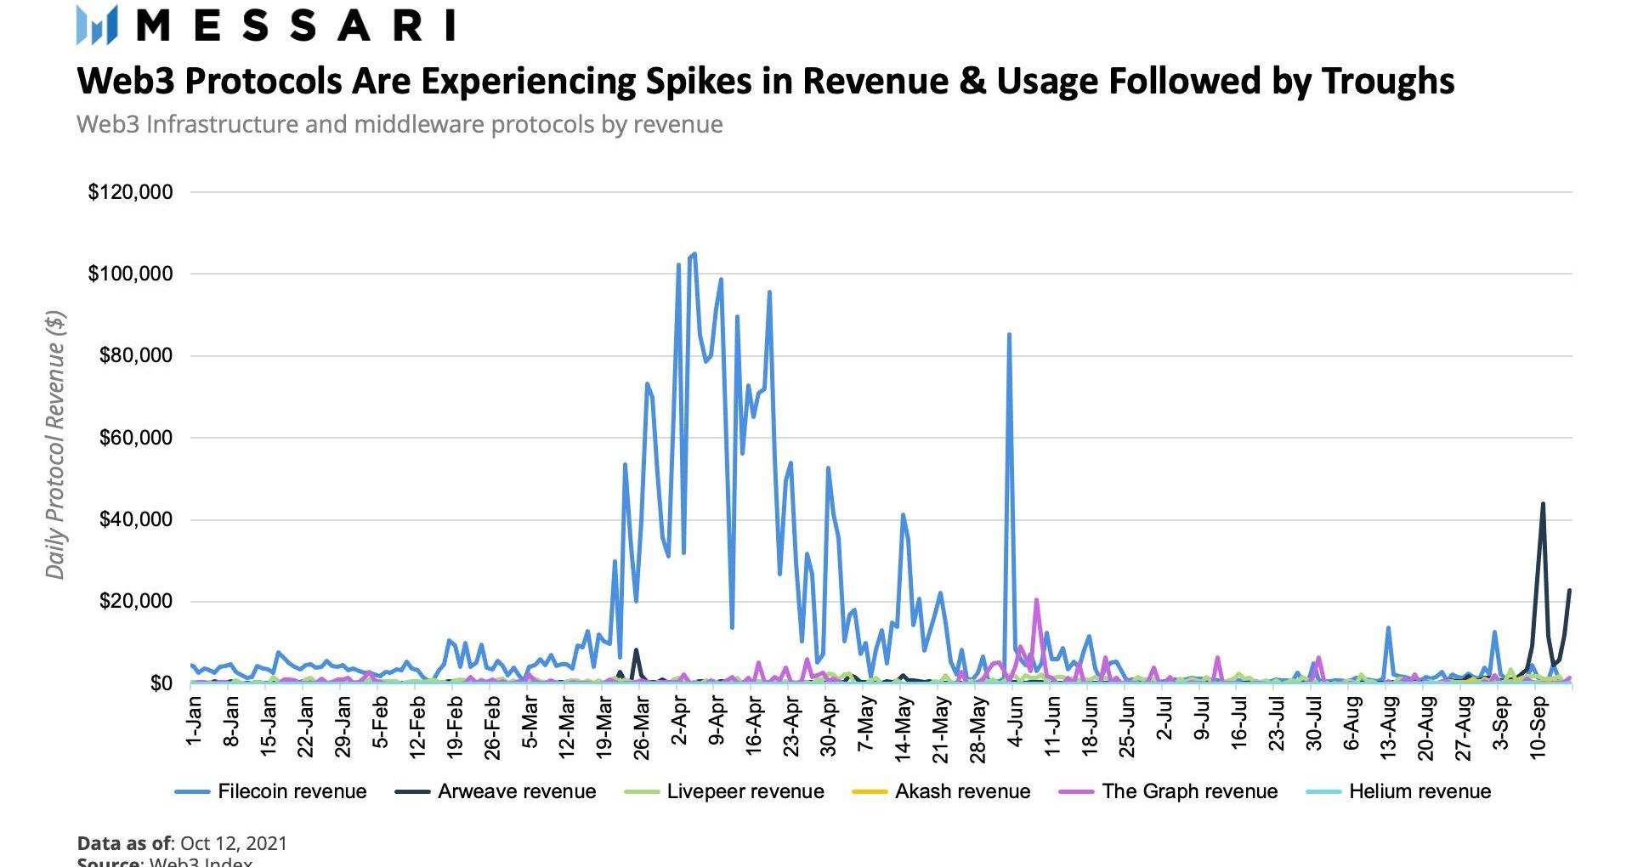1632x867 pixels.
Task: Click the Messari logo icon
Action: click(x=96, y=25)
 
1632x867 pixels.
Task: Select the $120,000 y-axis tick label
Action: click(x=130, y=192)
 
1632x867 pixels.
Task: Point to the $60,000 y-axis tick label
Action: click(x=135, y=438)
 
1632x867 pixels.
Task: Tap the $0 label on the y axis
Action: click(x=160, y=683)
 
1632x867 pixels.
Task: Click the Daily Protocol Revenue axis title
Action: click(x=55, y=445)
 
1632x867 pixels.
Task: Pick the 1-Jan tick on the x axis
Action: click(x=195, y=721)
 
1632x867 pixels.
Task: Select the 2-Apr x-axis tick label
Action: click(x=680, y=721)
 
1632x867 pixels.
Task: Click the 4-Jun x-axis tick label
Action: click(x=1016, y=721)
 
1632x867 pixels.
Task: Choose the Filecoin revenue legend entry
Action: click(x=271, y=791)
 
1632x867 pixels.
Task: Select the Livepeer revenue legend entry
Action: click(x=724, y=791)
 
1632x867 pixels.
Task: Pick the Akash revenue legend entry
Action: click(x=941, y=791)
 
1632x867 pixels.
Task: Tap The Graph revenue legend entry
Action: click(x=1169, y=791)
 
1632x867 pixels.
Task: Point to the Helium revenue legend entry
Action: click(x=1398, y=791)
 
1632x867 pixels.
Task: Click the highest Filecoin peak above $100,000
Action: click(x=694, y=253)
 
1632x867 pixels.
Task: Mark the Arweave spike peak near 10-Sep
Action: click(x=1543, y=504)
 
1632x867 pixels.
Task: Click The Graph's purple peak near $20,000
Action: click(x=1036, y=600)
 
